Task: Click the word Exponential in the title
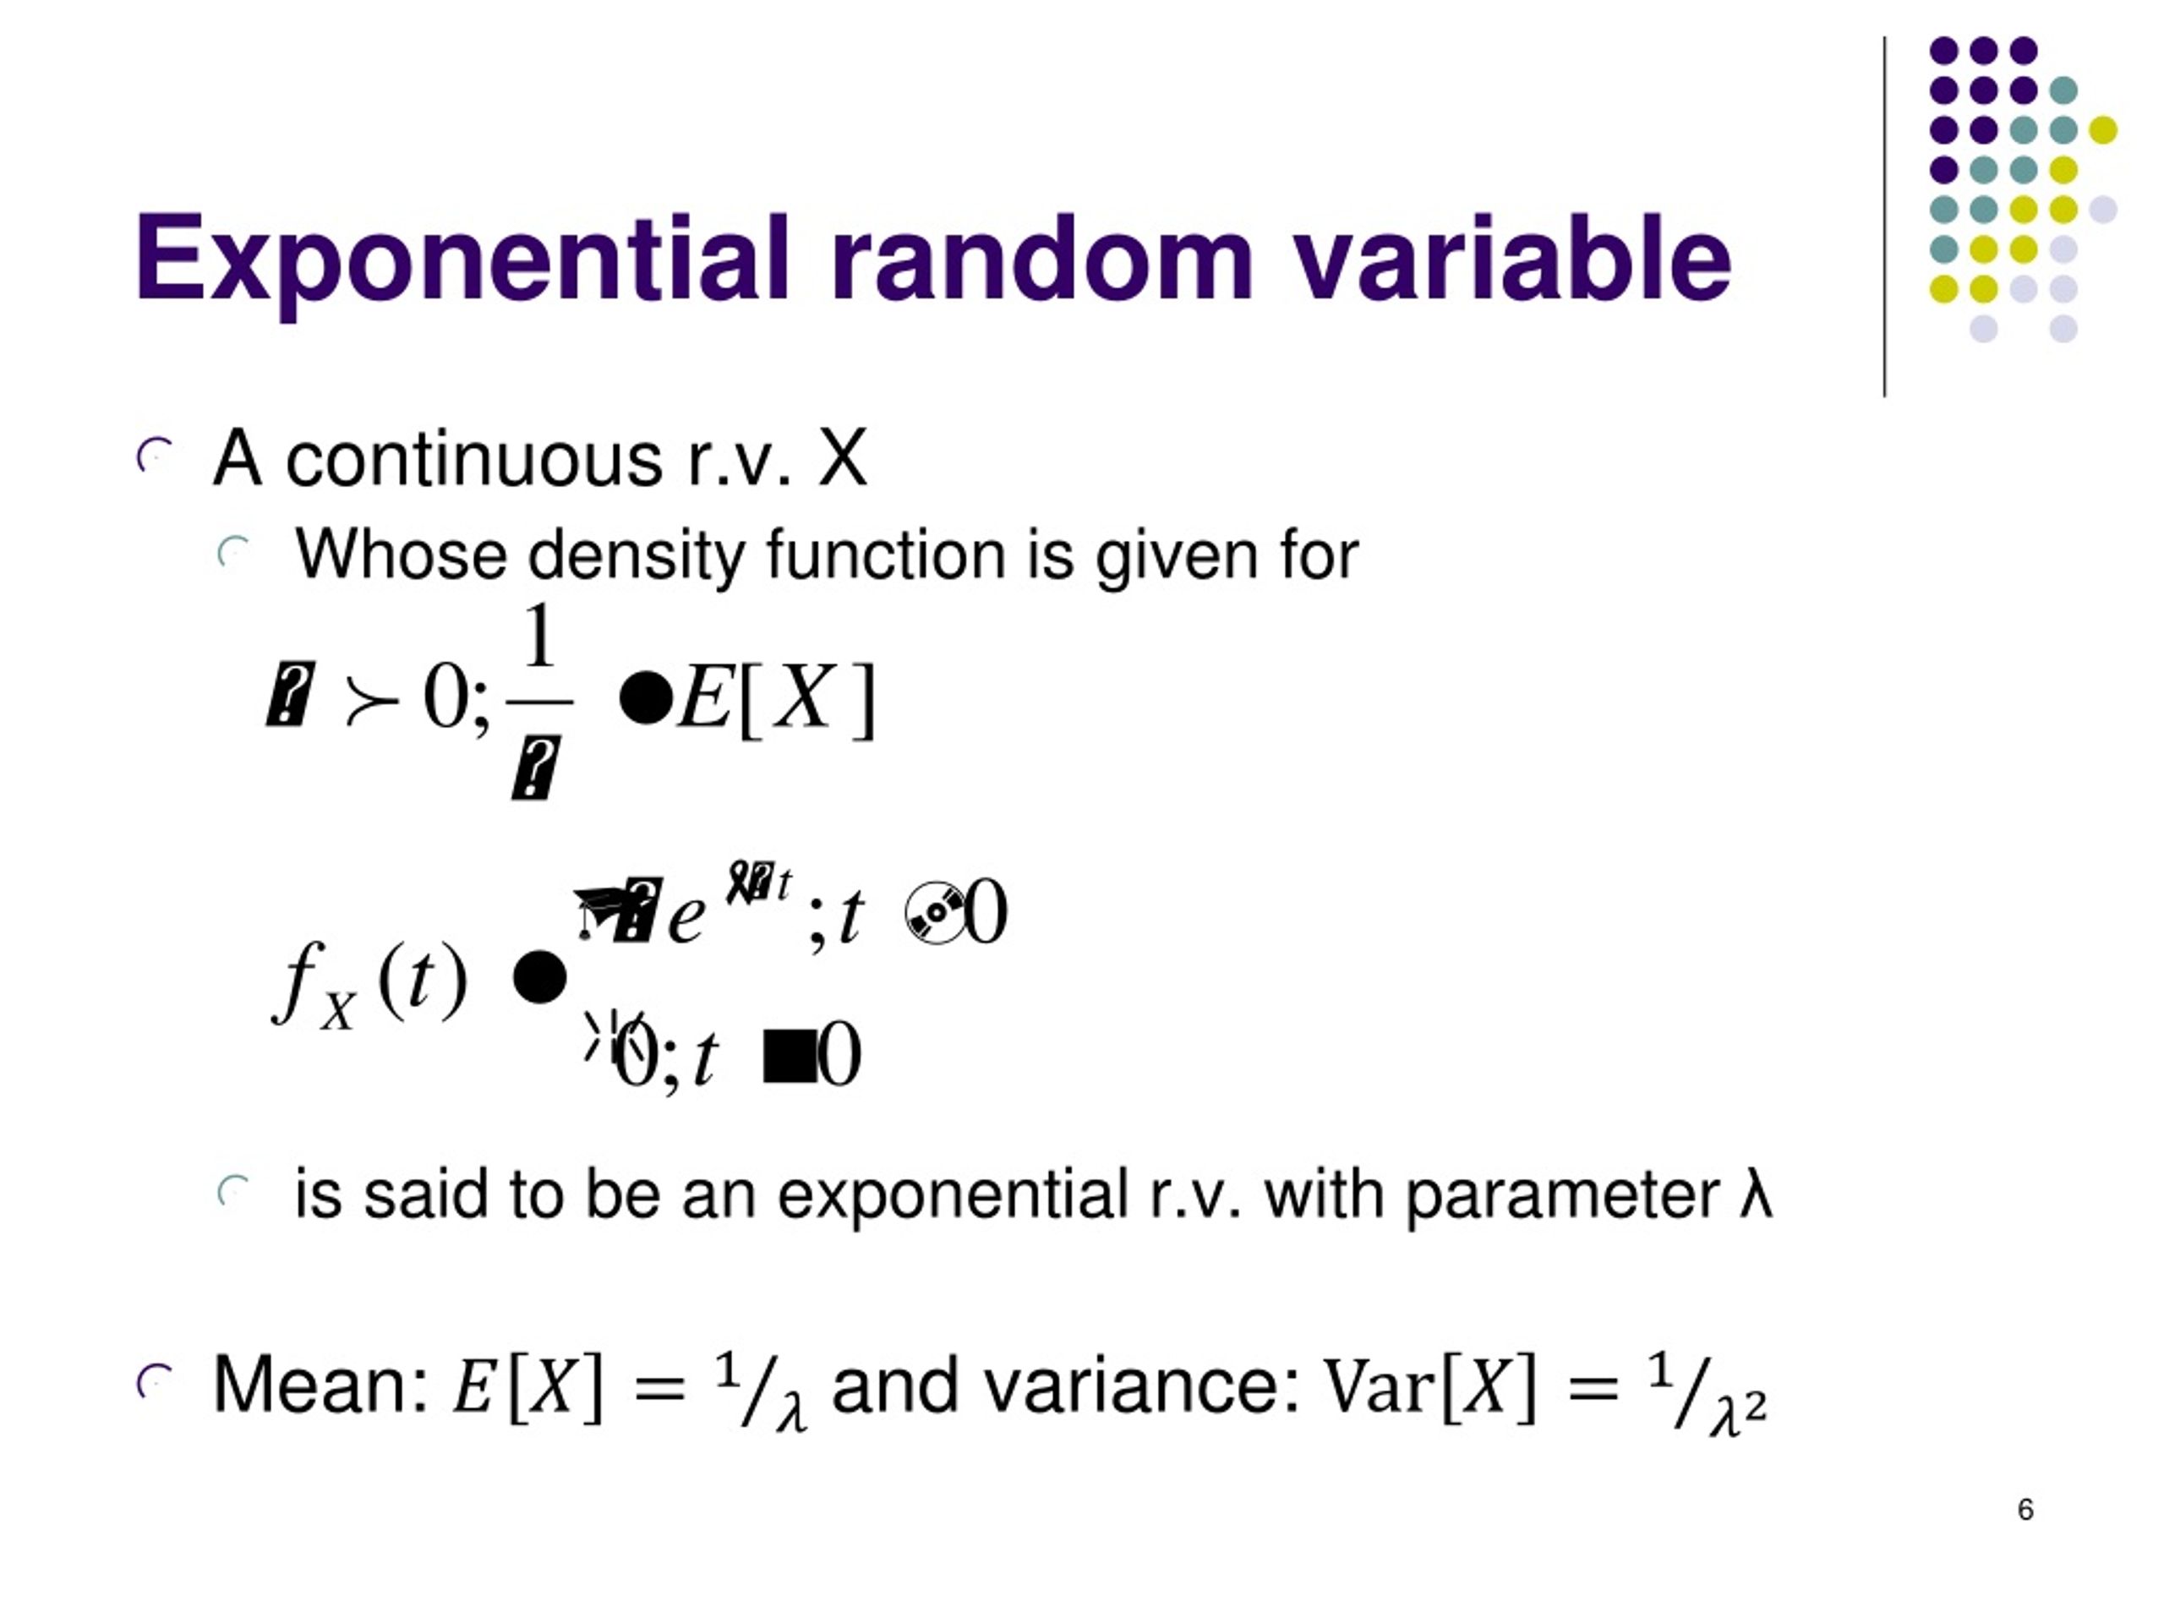(x=461, y=259)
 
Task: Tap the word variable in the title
(x=1512, y=259)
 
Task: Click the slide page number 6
(x=2025, y=1510)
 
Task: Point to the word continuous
(x=473, y=459)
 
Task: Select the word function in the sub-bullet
(x=885, y=555)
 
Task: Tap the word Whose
(x=402, y=555)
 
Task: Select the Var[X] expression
(x=1429, y=1385)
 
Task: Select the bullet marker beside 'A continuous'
(x=155, y=456)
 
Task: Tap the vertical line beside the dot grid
(x=1884, y=216)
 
